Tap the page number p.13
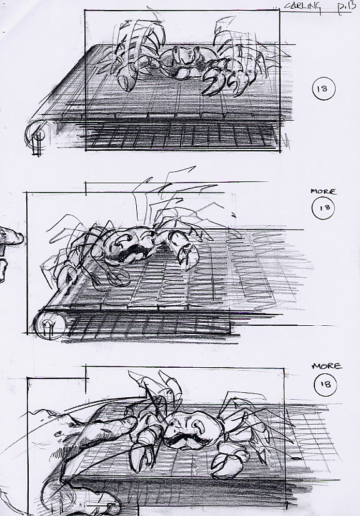tap(346, 8)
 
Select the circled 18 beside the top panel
tap(323, 89)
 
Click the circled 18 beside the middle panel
tap(324, 208)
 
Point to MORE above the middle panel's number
tap(324, 191)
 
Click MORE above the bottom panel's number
tap(327, 366)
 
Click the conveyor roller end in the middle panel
tap(49, 325)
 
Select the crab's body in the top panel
tap(182, 63)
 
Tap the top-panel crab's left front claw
tap(127, 79)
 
